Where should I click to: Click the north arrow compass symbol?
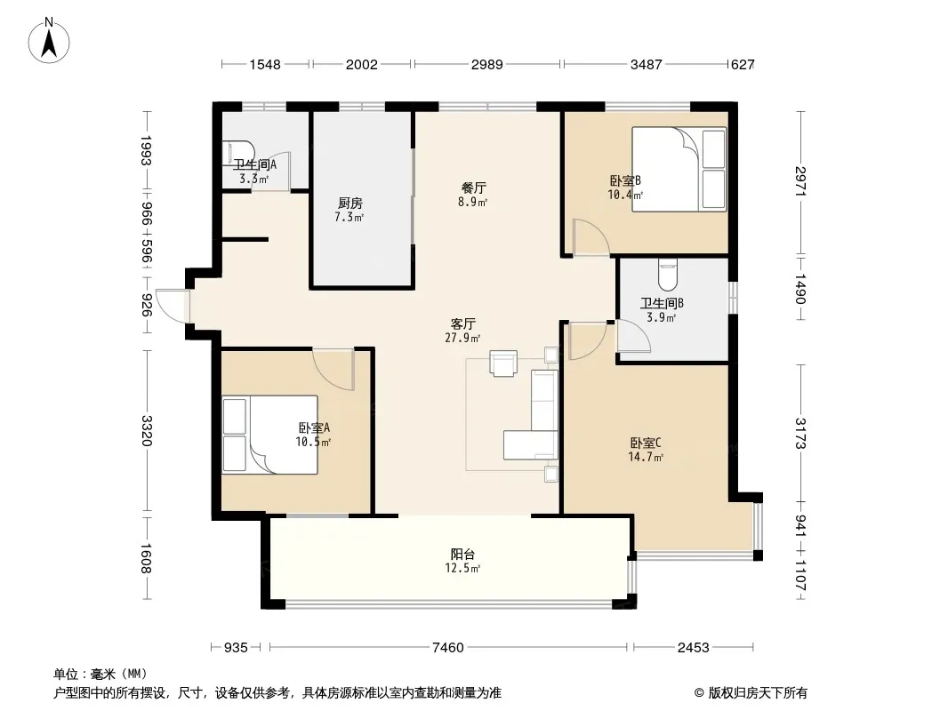pos(49,41)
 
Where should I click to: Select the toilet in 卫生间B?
pos(668,275)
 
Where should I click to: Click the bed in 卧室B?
pos(679,169)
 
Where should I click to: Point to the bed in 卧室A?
pos(269,435)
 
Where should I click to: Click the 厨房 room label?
pos(350,204)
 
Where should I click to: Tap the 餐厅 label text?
pos(473,188)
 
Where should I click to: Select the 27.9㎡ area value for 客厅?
pos(462,339)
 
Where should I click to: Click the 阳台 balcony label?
pos(462,554)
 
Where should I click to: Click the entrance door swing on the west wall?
pos(173,306)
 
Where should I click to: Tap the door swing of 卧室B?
pos(590,236)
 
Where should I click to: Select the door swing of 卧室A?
pos(333,369)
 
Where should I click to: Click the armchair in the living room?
pos(503,363)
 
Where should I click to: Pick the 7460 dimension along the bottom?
pos(448,648)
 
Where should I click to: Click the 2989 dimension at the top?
pos(486,64)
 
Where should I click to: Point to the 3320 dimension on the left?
pos(146,431)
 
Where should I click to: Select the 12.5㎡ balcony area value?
pos(462,569)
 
